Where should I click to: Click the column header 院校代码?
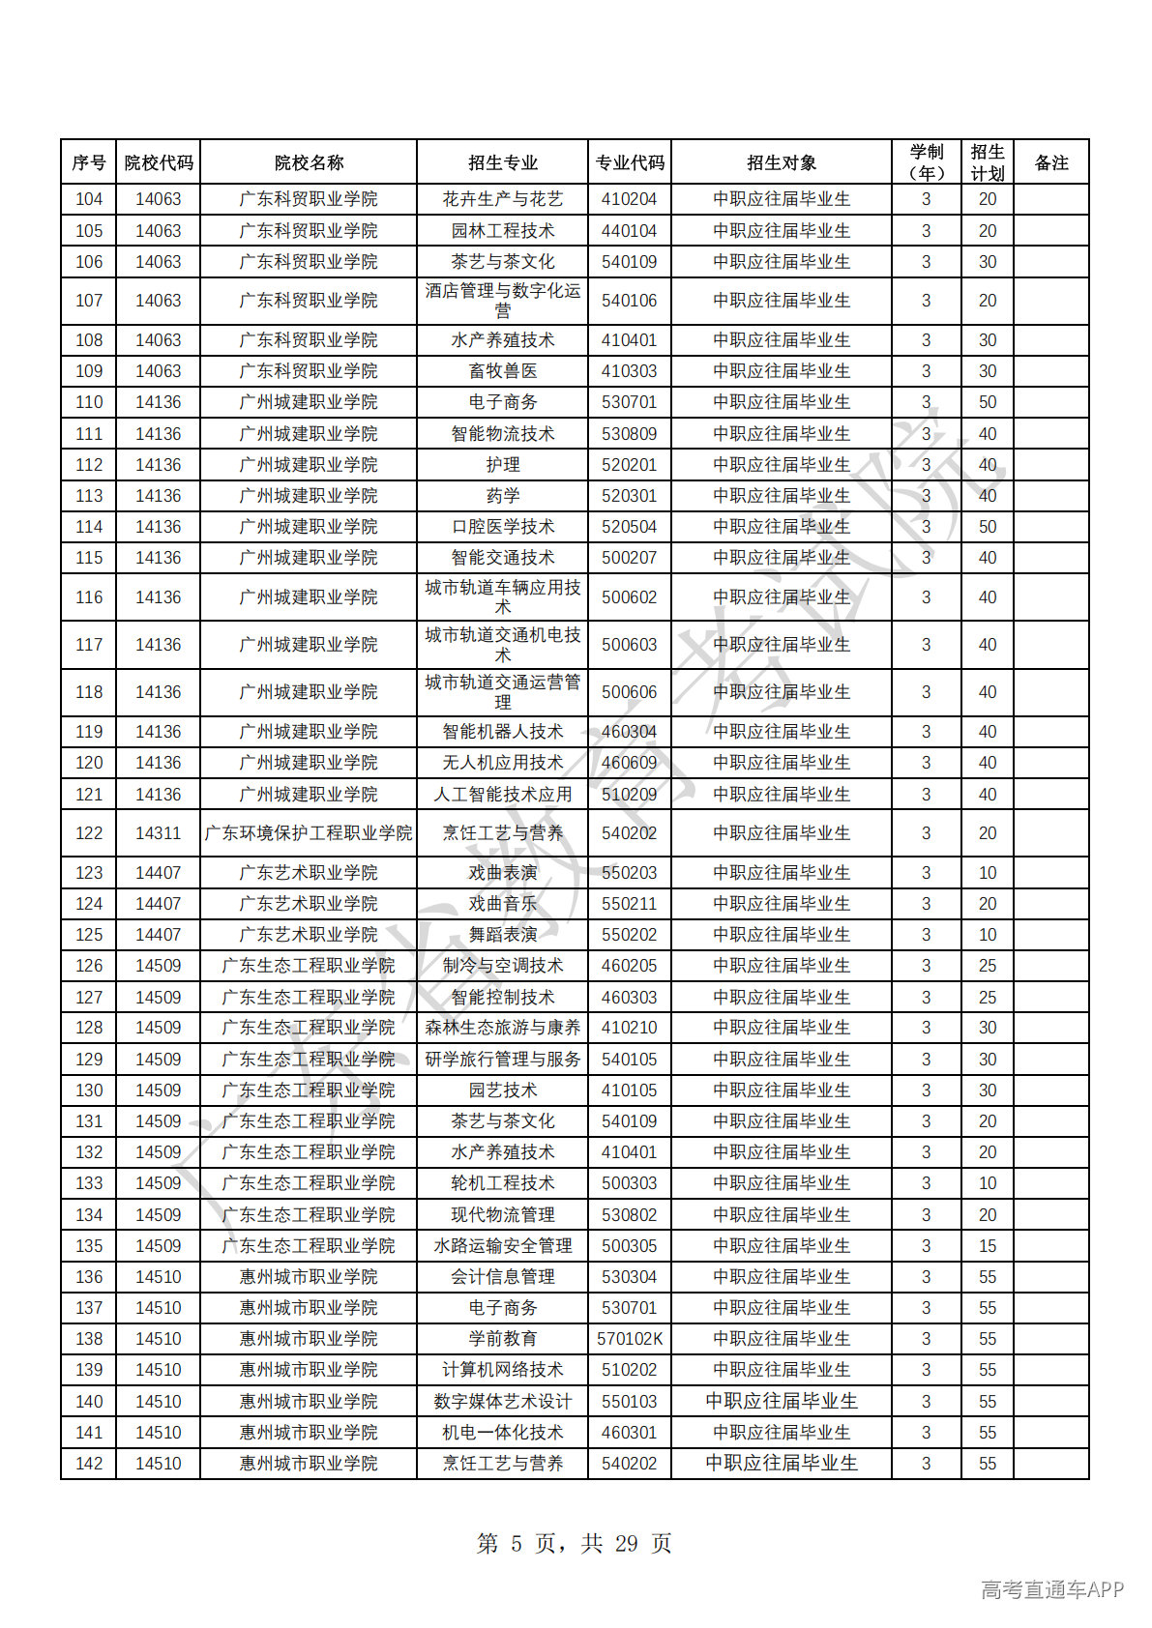(159, 162)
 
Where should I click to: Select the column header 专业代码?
(630, 162)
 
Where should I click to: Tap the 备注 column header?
(1051, 162)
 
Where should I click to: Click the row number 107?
(89, 301)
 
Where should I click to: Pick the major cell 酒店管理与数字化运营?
(503, 301)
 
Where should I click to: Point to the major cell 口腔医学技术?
(503, 527)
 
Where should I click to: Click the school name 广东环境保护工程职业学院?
(309, 833)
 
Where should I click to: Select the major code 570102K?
(630, 1339)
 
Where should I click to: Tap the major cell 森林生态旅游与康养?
(503, 1028)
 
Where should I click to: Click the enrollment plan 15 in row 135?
(988, 1246)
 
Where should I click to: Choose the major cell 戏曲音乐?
(503, 904)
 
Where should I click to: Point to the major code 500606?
(630, 692)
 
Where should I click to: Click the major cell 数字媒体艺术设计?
(503, 1402)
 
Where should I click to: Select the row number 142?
(89, 1464)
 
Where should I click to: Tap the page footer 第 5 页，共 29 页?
(575, 1544)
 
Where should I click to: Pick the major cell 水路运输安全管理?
(503, 1246)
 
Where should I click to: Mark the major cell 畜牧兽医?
(503, 371)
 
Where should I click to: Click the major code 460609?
(630, 763)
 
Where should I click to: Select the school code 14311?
(159, 833)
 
